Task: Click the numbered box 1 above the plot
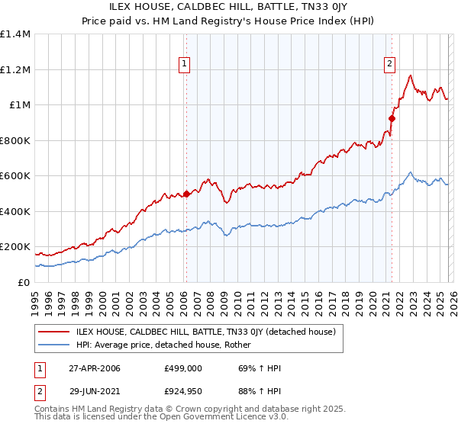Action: pos(185,65)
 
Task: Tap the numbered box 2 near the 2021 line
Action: pos(389,65)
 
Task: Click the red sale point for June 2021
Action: pos(392,118)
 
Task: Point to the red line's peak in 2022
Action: pos(411,75)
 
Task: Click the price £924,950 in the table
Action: pos(182,392)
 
